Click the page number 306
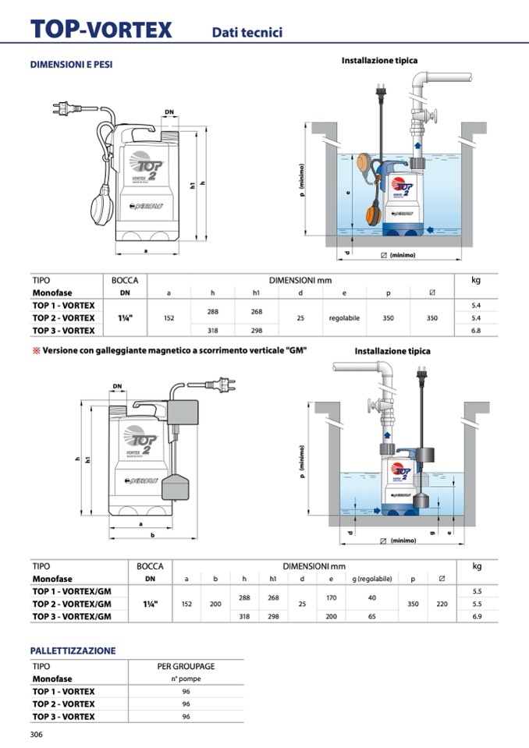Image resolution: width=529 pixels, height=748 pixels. (x=36, y=735)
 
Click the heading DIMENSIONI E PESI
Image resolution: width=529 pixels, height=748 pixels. (x=71, y=65)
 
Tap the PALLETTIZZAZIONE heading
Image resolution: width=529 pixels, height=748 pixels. (x=73, y=651)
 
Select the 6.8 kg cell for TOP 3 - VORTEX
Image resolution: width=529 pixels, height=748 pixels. (x=476, y=331)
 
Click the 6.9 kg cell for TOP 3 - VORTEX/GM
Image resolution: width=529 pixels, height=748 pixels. (x=477, y=616)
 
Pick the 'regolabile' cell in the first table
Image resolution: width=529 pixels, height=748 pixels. (x=344, y=318)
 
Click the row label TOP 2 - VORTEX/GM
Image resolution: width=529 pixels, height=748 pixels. (x=72, y=604)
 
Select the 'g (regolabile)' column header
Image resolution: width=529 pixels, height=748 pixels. (x=372, y=579)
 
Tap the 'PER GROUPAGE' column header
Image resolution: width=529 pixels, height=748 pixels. (x=186, y=667)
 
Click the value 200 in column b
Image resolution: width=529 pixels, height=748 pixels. (x=215, y=604)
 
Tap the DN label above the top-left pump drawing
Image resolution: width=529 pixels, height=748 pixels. (x=169, y=112)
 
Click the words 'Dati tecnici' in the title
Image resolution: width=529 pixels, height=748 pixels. (x=247, y=32)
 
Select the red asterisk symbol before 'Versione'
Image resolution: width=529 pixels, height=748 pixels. (x=35, y=350)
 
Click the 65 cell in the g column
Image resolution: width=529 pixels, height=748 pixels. (x=372, y=616)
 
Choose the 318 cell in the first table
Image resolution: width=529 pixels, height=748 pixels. (x=212, y=331)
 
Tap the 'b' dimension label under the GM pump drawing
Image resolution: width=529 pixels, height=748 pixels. (x=151, y=535)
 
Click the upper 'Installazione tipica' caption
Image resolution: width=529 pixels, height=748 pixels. (x=379, y=60)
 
